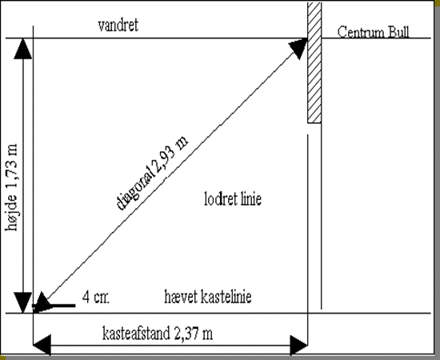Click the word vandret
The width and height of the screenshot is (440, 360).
(x=118, y=26)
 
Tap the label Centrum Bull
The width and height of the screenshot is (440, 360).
(x=373, y=32)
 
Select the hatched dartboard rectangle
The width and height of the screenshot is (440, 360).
(x=314, y=62)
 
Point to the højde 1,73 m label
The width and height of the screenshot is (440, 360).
(x=11, y=187)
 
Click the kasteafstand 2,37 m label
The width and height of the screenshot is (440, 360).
(x=158, y=334)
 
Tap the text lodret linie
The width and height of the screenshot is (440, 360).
(x=233, y=199)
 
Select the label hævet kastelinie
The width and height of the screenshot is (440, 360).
(x=208, y=297)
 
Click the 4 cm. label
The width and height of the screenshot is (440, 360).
(x=96, y=297)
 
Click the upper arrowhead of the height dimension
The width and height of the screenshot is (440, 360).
(x=22, y=49)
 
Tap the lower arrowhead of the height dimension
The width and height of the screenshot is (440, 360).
(x=22, y=302)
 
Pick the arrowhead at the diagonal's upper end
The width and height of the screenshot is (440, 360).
(x=298, y=48)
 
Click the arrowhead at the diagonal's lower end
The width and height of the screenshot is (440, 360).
(x=42, y=302)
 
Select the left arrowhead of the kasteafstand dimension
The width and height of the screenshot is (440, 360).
(x=42, y=345)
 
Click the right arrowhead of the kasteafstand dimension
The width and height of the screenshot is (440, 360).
(x=299, y=345)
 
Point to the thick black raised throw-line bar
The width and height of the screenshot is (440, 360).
(x=54, y=306)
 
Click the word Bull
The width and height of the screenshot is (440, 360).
(x=398, y=32)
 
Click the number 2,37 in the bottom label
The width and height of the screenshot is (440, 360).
(x=186, y=334)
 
